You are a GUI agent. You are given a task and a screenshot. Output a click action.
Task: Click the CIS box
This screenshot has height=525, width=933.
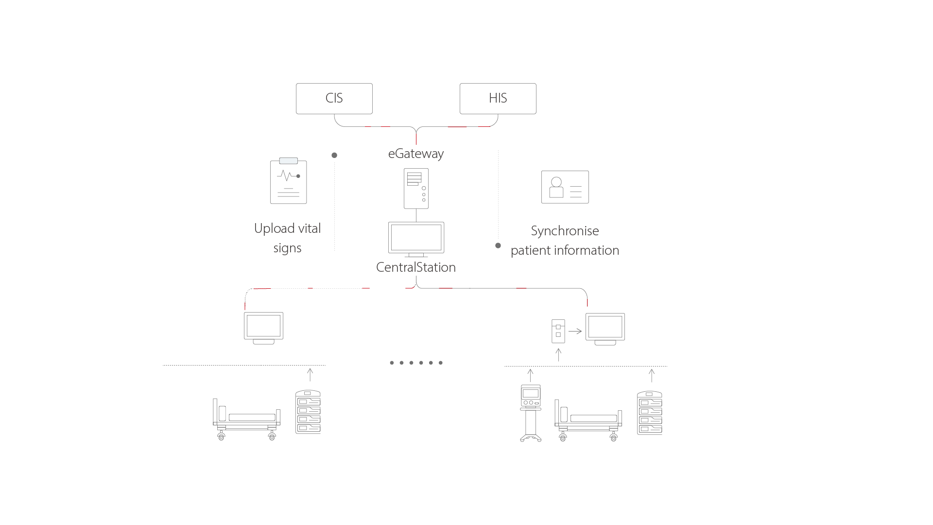pyautogui.click(x=334, y=99)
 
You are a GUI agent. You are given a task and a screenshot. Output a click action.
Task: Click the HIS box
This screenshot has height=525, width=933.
pyautogui.click(x=498, y=99)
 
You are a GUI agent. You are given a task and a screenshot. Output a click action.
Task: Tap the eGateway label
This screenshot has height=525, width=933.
pyautogui.click(x=416, y=154)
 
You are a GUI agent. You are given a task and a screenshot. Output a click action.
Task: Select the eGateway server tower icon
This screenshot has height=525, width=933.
pyautogui.click(x=416, y=189)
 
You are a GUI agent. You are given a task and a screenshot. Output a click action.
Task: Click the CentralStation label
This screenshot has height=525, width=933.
pyautogui.click(x=416, y=267)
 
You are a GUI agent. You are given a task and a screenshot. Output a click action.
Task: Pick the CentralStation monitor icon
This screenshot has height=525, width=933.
pyautogui.click(x=416, y=238)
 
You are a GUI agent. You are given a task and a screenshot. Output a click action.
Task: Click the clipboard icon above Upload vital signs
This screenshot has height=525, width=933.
pyautogui.click(x=289, y=181)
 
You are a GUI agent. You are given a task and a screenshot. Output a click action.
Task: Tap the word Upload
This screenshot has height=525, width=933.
pyautogui.click(x=275, y=228)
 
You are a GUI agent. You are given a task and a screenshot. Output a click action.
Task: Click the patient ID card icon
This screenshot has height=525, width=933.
pyautogui.click(x=565, y=187)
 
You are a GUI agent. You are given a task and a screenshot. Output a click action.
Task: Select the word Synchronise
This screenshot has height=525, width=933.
pyautogui.click(x=565, y=231)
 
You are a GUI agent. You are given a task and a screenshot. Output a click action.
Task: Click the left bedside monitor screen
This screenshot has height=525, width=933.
pyautogui.click(x=263, y=326)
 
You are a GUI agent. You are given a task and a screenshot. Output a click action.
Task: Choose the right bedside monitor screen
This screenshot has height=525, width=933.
pyautogui.click(x=605, y=327)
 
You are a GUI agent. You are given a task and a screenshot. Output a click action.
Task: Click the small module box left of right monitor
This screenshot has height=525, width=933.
pyautogui.click(x=558, y=331)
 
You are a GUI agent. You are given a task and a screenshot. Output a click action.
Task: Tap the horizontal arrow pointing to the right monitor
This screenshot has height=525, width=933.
pyautogui.click(x=575, y=331)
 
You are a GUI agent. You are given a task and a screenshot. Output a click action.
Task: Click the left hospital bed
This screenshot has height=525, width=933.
pyautogui.click(x=246, y=419)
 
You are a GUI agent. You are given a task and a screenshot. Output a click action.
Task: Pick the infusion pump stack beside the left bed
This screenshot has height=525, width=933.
pyautogui.click(x=308, y=412)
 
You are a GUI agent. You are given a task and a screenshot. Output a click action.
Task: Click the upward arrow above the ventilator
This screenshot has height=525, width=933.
pyautogui.click(x=531, y=375)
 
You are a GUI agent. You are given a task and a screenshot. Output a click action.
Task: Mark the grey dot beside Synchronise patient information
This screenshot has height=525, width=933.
pyautogui.click(x=498, y=245)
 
